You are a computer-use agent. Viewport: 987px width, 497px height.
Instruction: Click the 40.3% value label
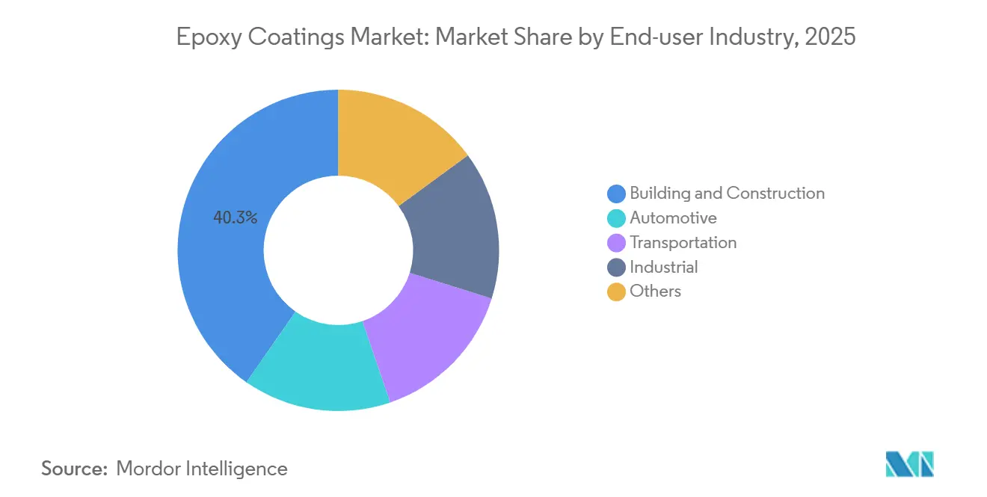[235, 218]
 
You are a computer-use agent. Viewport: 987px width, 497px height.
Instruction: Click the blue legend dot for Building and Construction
[616, 194]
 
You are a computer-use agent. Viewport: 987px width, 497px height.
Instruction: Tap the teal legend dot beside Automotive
[616, 218]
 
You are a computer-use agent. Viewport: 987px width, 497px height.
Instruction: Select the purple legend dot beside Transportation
[616, 243]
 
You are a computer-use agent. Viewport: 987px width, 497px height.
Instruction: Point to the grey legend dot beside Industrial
[616, 268]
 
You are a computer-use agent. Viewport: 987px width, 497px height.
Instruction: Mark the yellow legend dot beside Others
[616, 292]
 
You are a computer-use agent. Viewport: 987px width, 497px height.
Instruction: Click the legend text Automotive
[673, 218]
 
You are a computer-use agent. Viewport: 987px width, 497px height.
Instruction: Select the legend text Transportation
[683, 243]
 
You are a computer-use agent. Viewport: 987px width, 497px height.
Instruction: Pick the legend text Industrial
[663, 268]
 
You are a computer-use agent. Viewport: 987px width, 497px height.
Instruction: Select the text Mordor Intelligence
[202, 469]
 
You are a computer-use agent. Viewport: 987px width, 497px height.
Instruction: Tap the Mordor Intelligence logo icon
[909, 463]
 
